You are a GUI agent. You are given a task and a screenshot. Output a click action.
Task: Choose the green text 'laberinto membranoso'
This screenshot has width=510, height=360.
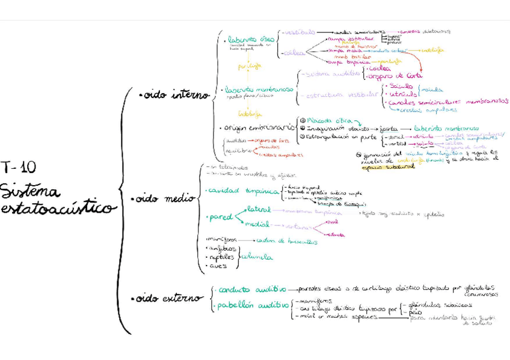pos(259,90)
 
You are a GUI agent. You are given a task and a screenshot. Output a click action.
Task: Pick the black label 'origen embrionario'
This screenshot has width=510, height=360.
pos(259,127)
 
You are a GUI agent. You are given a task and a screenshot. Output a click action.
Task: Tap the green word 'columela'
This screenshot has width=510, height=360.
pos(257,257)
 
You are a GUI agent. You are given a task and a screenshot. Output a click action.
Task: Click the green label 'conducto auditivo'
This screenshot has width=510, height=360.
pos(252,290)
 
